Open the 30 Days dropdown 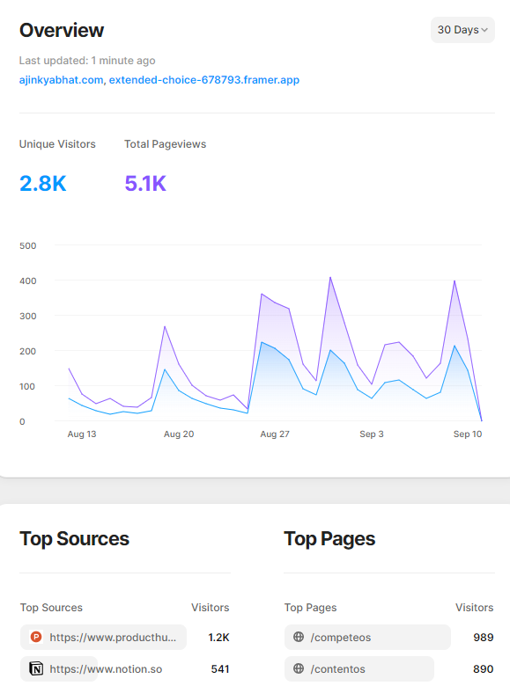tap(462, 30)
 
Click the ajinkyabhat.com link tap(61, 80)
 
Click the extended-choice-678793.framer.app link tap(203, 80)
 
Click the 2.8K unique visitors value tap(42, 184)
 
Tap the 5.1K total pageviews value tap(145, 184)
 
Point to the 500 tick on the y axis tap(27, 245)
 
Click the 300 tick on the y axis tap(27, 316)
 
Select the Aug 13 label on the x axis tap(82, 434)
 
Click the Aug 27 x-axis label tap(275, 434)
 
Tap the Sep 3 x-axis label tap(371, 434)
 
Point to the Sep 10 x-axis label tap(468, 434)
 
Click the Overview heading tap(62, 31)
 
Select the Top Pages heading tap(329, 539)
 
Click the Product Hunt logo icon tap(36, 638)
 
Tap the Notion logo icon tap(36, 669)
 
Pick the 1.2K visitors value tap(218, 638)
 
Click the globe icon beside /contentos tap(299, 669)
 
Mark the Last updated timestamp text tap(87, 61)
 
